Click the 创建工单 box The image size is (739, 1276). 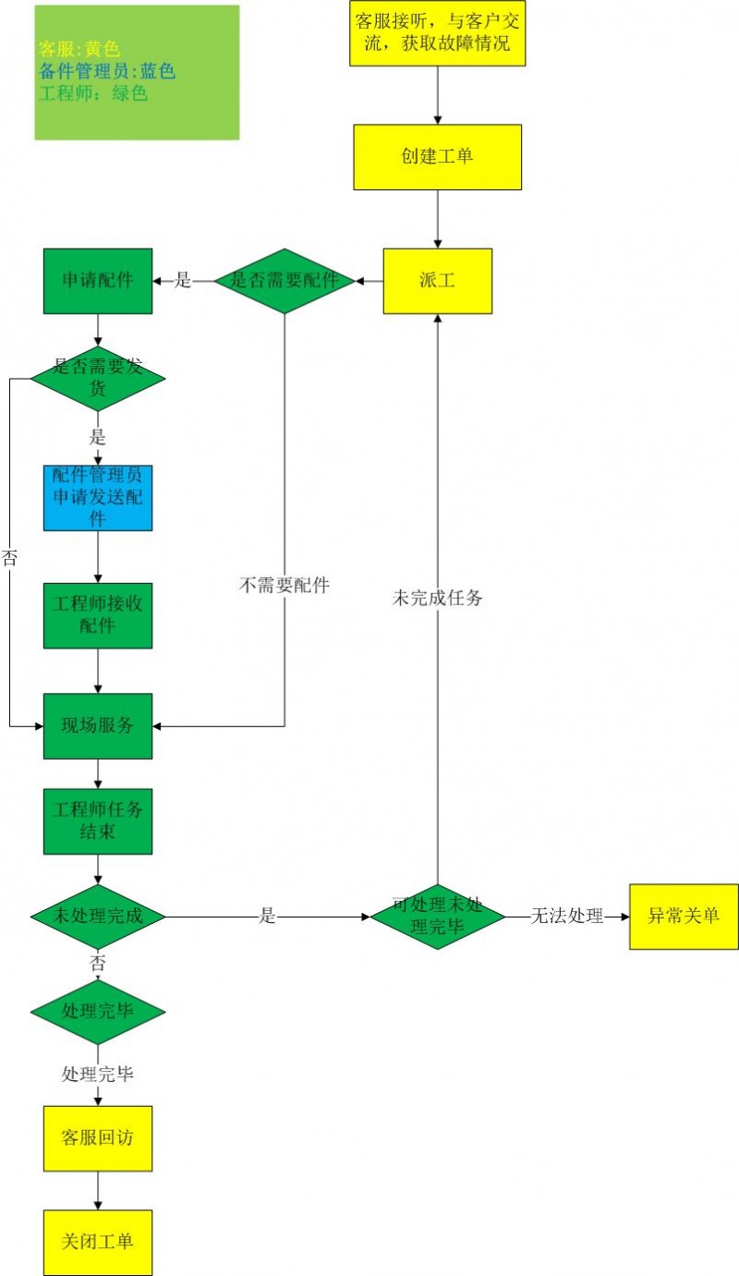tap(437, 157)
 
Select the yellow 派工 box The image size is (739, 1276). tap(437, 281)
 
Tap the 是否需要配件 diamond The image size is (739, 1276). tap(285, 281)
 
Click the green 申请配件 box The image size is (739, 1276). tap(98, 281)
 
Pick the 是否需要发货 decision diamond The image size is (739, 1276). tap(98, 378)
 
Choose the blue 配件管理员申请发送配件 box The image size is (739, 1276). tap(98, 497)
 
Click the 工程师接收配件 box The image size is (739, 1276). tap(98, 614)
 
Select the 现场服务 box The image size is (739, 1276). tap(98, 725)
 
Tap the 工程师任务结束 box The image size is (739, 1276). tap(98, 820)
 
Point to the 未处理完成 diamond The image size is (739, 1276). tap(98, 917)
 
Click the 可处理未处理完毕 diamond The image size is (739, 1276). tap(437, 917)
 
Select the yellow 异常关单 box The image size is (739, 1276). tap(684, 917)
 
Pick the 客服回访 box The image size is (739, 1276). tap(98, 1138)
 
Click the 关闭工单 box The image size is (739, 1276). tap(98, 1242)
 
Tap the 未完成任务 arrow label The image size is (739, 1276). tap(438, 598)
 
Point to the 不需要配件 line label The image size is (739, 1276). tap(285, 585)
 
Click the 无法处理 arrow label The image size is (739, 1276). tap(567, 917)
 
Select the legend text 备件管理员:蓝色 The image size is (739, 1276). tap(107, 71)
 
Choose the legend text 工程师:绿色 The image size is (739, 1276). tap(92, 93)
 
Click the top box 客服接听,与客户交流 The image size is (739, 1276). tap(437, 32)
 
